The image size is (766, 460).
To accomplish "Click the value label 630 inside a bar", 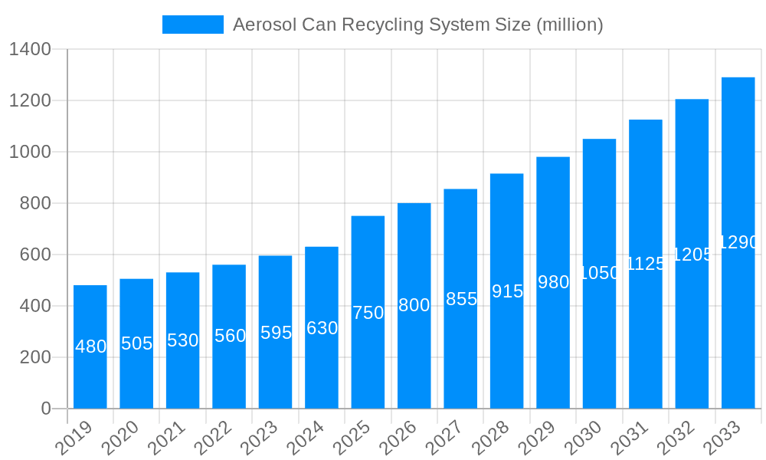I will pyautogui.click(x=322, y=328).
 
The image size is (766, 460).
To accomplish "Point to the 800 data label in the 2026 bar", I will pyautogui.click(x=414, y=305).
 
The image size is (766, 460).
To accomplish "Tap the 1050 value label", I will pyautogui.click(x=600, y=273).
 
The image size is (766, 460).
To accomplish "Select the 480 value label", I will pyautogui.click(x=90, y=347).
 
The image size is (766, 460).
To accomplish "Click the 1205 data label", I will pyautogui.click(x=692, y=255).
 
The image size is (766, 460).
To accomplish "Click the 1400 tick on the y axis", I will pyautogui.click(x=30, y=50).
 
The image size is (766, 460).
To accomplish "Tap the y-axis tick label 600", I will pyautogui.click(x=35, y=255).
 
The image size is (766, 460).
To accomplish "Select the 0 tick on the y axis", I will pyautogui.click(x=46, y=409).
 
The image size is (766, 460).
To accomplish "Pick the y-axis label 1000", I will pyautogui.click(x=30, y=152).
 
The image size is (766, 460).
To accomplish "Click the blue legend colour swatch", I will pyautogui.click(x=193, y=25).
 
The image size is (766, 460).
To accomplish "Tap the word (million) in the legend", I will pyautogui.click(x=569, y=25).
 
